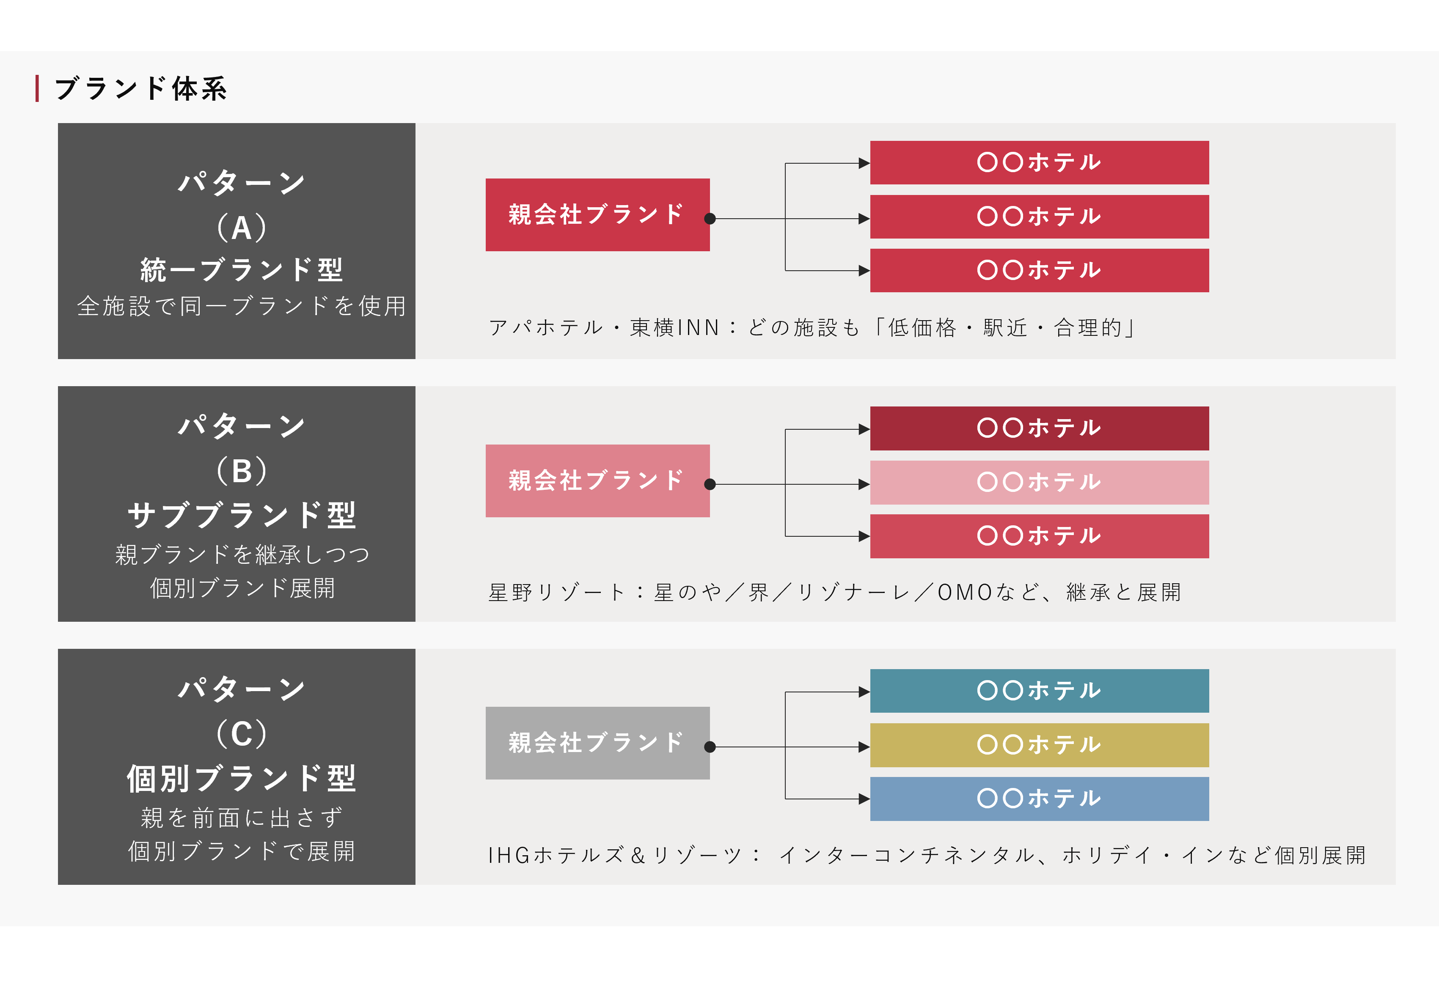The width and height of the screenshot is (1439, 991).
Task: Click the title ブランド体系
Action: [x=141, y=89]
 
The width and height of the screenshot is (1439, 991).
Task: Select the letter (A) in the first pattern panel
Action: [x=242, y=227]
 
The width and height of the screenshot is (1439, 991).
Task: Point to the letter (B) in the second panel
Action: [x=242, y=471]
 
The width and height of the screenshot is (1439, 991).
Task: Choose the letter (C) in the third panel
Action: [x=242, y=734]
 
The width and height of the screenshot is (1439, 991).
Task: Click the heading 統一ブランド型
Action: [x=242, y=270]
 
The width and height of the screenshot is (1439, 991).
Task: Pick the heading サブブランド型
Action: [x=242, y=515]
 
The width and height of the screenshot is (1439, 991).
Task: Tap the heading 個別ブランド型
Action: [x=242, y=779]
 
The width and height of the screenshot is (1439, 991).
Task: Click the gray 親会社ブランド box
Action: [x=597, y=743]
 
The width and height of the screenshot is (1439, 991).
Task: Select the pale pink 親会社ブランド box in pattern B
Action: [x=597, y=480]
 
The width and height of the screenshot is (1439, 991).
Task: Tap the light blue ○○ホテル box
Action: [x=1039, y=799]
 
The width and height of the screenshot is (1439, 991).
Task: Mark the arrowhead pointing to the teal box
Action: [x=864, y=692]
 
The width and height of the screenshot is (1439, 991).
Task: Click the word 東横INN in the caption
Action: [x=674, y=327]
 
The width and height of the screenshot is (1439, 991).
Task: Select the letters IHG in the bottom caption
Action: [x=508, y=855]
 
